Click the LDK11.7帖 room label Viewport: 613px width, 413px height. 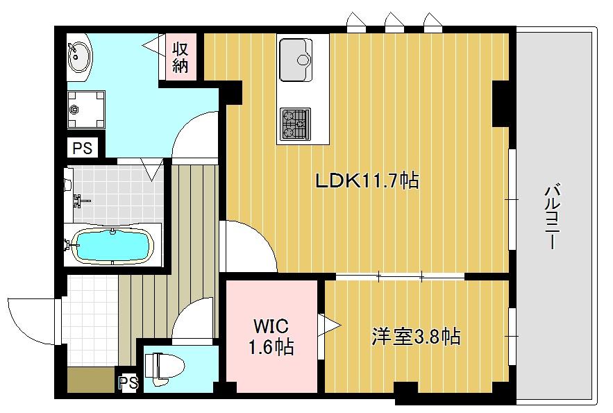pyautogui.click(x=367, y=182)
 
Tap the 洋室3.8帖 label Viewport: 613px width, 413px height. pyautogui.click(x=414, y=337)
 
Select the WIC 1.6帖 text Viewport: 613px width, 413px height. pyautogui.click(x=271, y=335)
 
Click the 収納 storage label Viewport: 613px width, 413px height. pyautogui.click(x=181, y=58)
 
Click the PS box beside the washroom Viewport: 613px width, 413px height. pyautogui.click(x=83, y=148)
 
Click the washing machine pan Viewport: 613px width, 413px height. pyautogui.click(x=85, y=109)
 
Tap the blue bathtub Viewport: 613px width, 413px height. pyautogui.click(x=112, y=246)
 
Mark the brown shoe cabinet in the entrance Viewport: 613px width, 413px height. pyautogui.click(x=91, y=380)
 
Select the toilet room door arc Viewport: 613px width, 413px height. pyautogui.click(x=192, y=320)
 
